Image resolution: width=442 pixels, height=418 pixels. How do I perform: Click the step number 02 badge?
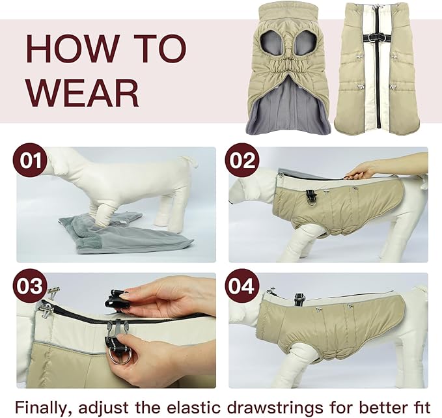coord(242,161)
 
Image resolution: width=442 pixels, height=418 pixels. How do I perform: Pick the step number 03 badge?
coord(29,286)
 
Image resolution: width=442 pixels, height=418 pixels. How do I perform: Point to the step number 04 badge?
coord(242,286)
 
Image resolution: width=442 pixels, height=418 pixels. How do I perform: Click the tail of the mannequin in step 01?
coord(190,160)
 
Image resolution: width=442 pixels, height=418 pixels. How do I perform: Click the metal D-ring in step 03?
coord(120,357)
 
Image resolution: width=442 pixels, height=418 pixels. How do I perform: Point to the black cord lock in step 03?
coord(117,300)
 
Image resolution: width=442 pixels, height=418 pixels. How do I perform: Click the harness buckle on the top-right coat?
coord(377,37)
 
